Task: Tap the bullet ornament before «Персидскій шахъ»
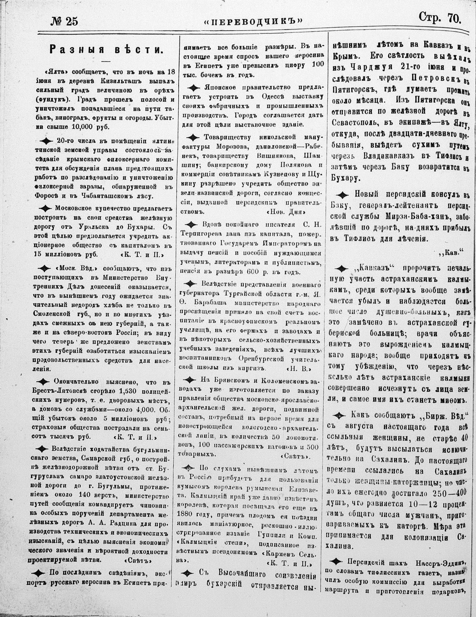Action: click(337, 561)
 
